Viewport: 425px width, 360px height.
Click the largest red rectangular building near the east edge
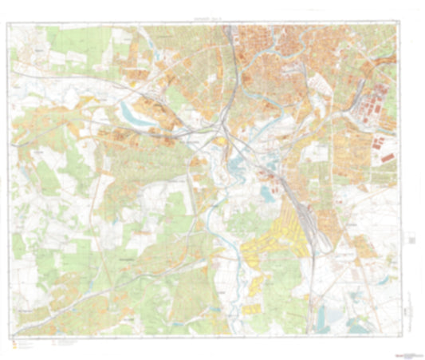click(388, 158)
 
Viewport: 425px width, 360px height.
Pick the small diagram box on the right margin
click(411, 239)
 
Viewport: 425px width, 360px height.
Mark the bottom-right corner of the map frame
click(399, 334)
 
